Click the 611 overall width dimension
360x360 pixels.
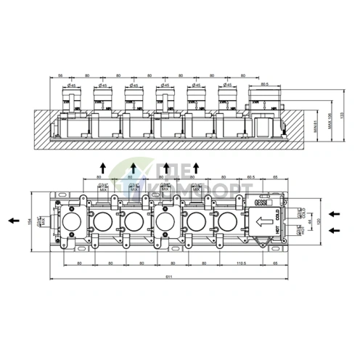168,276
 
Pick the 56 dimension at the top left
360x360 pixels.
62,74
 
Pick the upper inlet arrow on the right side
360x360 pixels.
333,213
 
